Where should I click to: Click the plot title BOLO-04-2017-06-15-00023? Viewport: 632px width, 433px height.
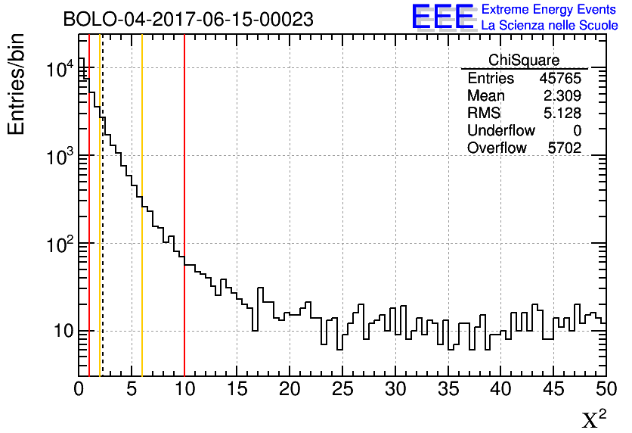point(188,19)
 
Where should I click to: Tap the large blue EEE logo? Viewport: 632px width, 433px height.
point(443,17)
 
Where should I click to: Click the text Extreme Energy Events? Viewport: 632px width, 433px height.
point(550,10)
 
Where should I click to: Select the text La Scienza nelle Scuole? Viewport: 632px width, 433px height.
point(550,26)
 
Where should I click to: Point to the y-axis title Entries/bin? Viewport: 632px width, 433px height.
point(17,84)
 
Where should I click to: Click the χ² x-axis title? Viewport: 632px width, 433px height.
point(593,419)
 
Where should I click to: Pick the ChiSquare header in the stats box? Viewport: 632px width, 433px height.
point(524,60)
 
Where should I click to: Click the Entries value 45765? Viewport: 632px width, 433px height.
point(559,79)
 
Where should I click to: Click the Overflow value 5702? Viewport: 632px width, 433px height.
point(564,148)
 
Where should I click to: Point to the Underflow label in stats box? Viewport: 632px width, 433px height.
point(500,131)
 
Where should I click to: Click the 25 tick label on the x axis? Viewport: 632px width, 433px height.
point(342,389)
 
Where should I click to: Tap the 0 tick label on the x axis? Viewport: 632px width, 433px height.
point(79,389)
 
